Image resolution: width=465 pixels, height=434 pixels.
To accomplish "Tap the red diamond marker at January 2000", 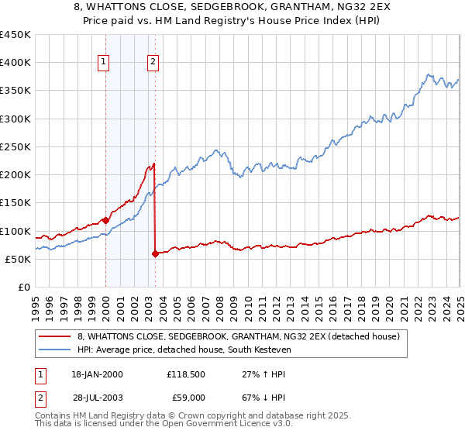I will (x=105, y=220).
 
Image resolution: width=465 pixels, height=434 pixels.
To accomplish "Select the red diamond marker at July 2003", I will (x=156, y=253).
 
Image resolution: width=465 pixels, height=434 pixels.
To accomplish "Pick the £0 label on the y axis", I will (x=25, y=288).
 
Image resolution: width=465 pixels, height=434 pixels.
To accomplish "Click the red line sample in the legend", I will (x=54, y=336).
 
